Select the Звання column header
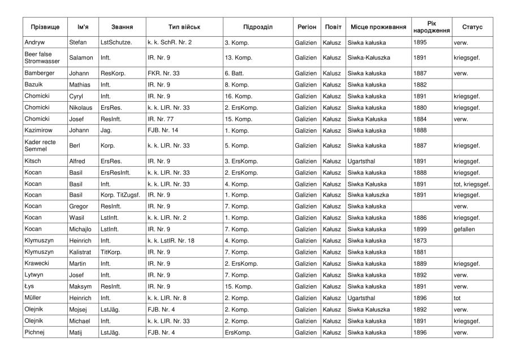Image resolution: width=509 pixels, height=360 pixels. [122, 27]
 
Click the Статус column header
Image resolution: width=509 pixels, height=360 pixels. [472, 27]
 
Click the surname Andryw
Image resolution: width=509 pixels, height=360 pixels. [36, 42]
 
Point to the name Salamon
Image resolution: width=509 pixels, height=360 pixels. [81, 58]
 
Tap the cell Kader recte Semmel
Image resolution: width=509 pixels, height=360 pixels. [40, 145]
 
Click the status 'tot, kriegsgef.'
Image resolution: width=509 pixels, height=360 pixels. [472, 184]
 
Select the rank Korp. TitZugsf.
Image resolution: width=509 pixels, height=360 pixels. [121, 195]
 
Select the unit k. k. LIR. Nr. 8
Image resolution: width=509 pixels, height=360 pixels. [167, 298]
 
